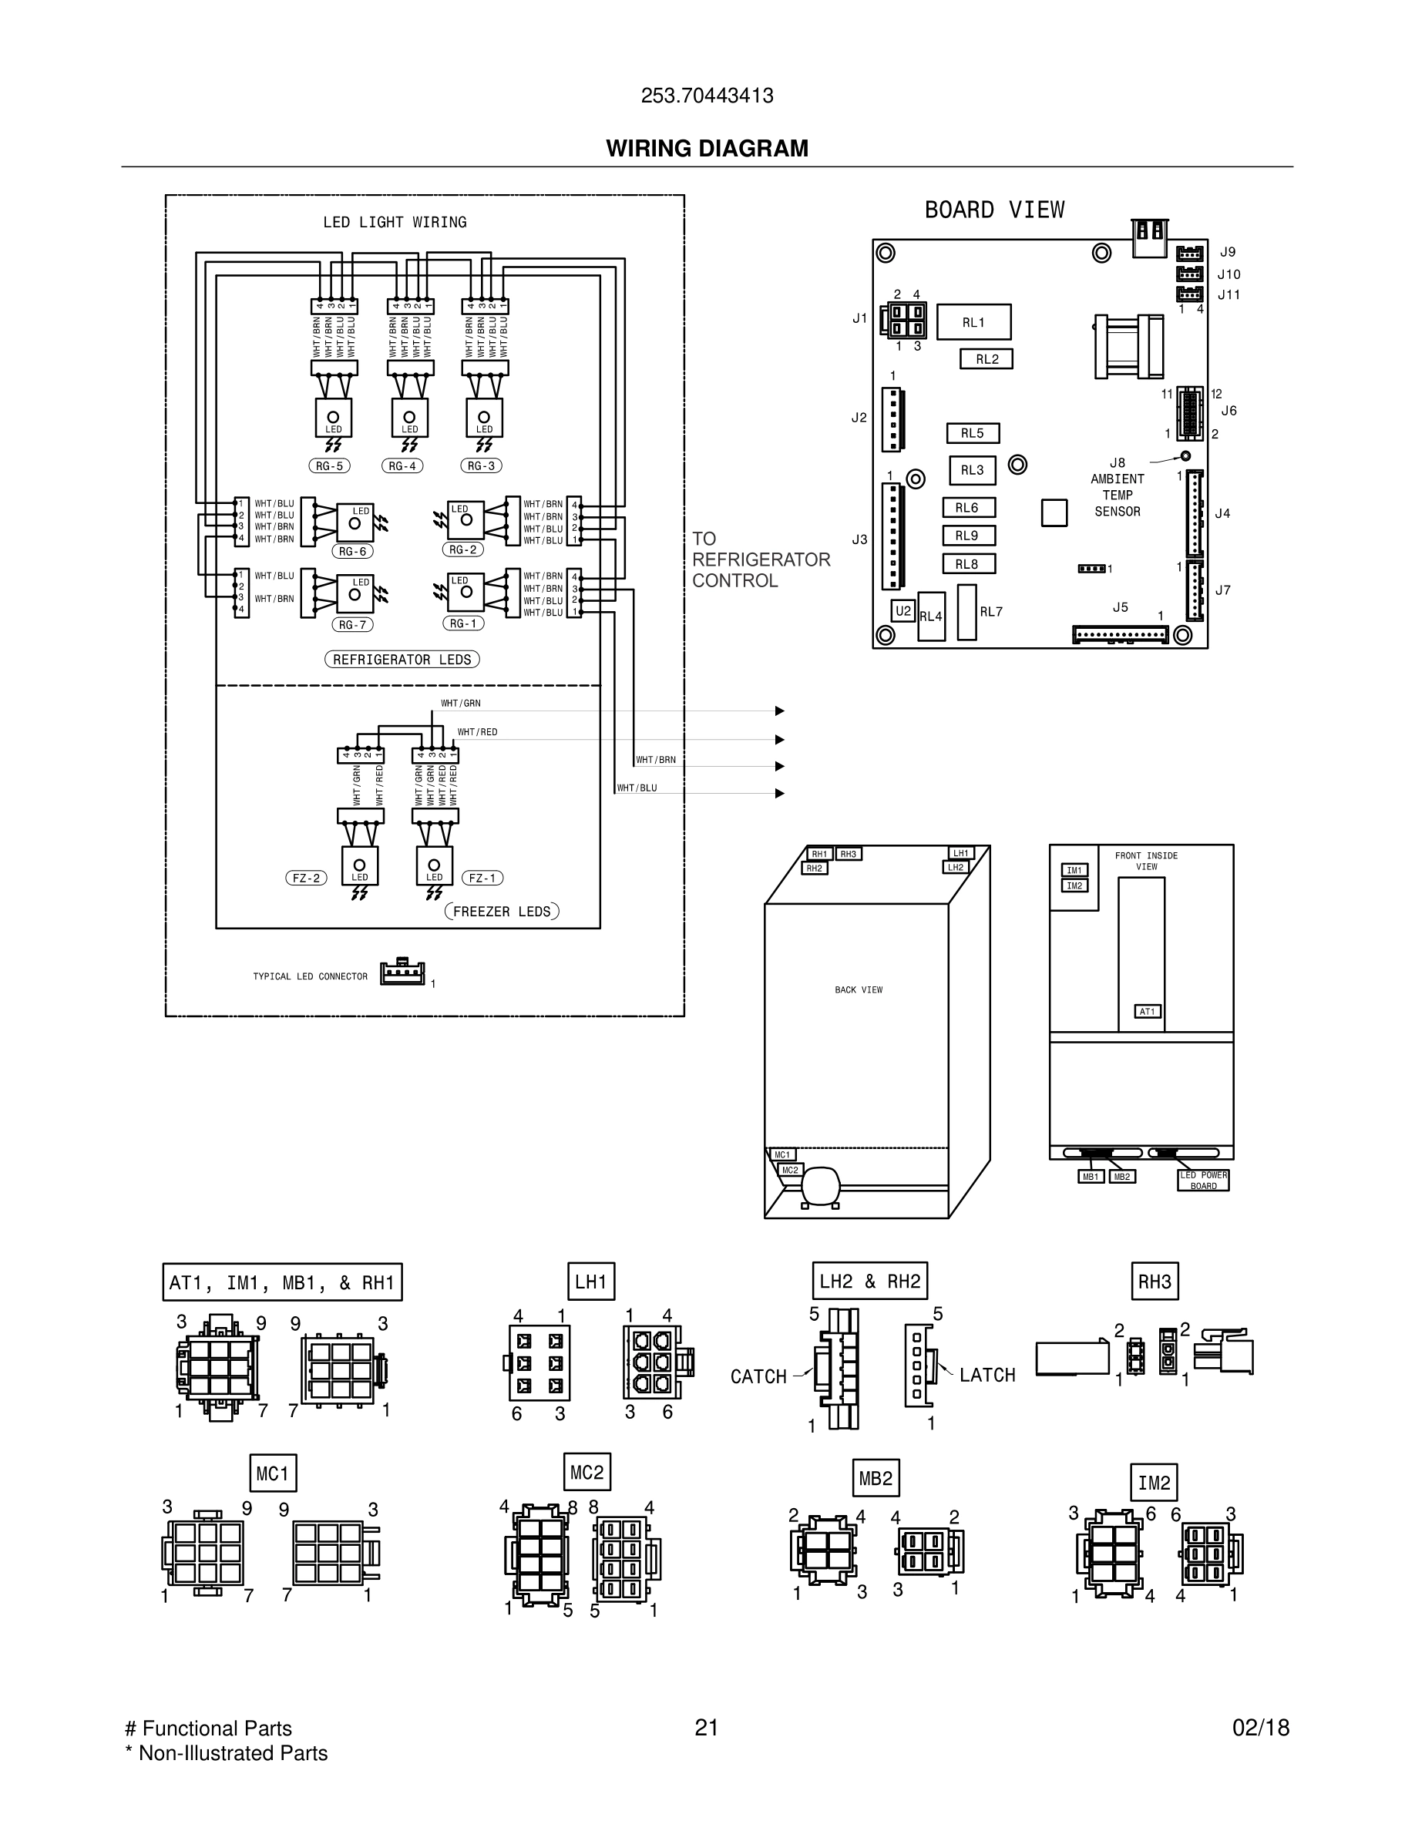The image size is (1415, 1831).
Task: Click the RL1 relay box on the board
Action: coord(973,322)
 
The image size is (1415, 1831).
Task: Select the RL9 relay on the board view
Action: coord(968,536)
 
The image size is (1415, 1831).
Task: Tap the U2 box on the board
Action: coord(902,611)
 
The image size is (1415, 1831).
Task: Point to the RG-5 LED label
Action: coord(328,466)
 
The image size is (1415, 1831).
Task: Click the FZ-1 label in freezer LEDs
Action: coord(482,879)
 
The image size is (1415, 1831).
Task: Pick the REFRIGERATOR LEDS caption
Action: coord(402,660)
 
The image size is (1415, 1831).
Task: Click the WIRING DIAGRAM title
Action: coord(707,149)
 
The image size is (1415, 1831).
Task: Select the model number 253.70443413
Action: coord(707,96)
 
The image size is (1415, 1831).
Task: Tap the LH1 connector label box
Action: coord(591,1282)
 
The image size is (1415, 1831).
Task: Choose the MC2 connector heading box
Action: coord(587,1473)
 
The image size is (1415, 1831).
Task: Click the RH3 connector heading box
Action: coord(1155,1282)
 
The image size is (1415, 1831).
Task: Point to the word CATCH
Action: coord(758,1376)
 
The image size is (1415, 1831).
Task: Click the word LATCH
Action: coord(986,1375)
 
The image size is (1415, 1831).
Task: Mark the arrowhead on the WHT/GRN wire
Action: coord(780,711)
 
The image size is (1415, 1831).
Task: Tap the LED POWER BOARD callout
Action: coord(1203,1181)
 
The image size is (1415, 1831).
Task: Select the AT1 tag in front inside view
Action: coord(1147,1012)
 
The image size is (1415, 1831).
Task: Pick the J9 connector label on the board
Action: coord(1227,251)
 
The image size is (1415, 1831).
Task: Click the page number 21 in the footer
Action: coord(707,1728)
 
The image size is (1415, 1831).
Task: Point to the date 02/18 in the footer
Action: coord(1261,1728)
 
